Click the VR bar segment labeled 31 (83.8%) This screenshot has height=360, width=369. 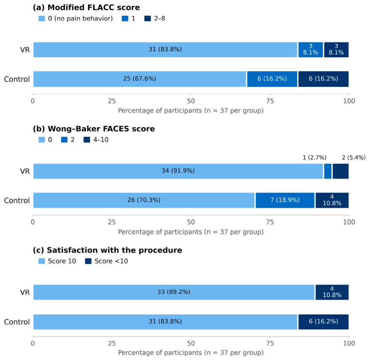[165, 50]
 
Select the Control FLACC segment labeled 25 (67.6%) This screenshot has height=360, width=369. [140, 79]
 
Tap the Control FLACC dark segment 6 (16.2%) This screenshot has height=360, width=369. [323, 79]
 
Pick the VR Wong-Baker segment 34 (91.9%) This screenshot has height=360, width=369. [178, 171]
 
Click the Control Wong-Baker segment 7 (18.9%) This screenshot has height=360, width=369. [285, 200]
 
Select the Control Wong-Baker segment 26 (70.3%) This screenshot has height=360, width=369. [144, 200]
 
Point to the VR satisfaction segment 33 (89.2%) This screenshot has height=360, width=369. [174, 292]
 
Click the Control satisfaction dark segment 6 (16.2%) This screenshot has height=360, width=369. [323, 322]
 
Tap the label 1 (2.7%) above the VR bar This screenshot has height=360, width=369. [314, 157]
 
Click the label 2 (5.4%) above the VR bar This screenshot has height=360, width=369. [354, 157]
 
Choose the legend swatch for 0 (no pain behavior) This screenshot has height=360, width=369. [42, 19]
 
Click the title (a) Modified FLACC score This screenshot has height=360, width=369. [86, 8]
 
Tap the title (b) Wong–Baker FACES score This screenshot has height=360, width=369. [94, 129]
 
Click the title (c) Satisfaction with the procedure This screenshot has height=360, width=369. [108, 250]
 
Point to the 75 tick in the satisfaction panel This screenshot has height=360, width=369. [270, 343]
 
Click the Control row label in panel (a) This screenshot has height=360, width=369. [17, 79]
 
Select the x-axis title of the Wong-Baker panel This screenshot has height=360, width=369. [191, 232]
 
